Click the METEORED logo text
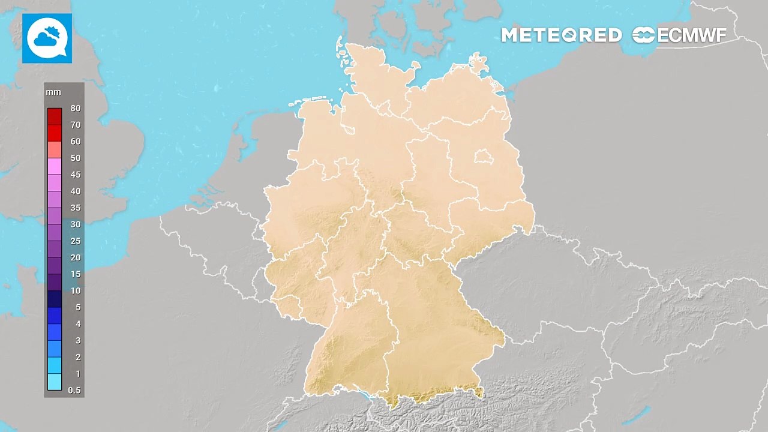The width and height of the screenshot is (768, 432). (x=561, y=35)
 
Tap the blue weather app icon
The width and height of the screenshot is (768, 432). (x=47, y=38)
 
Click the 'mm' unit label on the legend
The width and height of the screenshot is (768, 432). (x=53, y=92)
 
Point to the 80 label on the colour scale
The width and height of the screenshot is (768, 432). (x=75, y=109)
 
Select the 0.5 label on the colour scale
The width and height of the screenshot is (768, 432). (x=74, y=390)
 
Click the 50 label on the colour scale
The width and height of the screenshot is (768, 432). (x=75, y=158)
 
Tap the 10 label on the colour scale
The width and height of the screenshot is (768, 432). (x=75, y=291)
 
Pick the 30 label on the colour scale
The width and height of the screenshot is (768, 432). (x=75, y=224)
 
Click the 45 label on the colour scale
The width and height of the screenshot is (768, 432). (x=75, y=175)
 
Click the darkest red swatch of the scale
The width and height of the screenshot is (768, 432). (x=55, y=116)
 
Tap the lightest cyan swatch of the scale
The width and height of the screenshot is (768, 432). (x=55, y=382)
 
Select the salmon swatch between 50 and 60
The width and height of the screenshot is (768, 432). (x=55, y=149)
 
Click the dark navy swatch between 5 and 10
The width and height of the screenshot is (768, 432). (x=55, y=299)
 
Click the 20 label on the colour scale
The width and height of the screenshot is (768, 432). (x=75, y=257)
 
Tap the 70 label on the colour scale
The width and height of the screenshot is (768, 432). (x=75, y=125)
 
